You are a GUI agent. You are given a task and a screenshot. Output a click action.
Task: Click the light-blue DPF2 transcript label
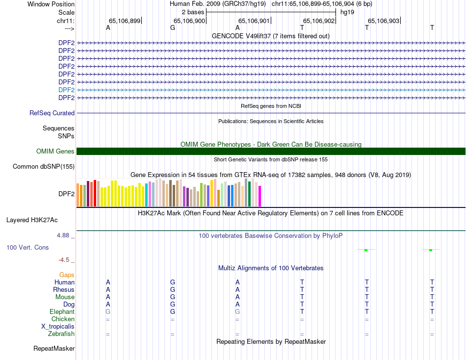point(66,90)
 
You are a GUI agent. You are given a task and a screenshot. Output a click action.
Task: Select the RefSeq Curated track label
point(52,113)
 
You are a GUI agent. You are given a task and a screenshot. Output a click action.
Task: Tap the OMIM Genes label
point(55,152)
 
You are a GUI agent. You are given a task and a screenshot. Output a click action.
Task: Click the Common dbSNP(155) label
point(44,166)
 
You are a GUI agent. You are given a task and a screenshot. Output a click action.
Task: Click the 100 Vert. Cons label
point(27,248)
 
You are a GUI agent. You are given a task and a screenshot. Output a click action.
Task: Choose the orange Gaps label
point(67,275)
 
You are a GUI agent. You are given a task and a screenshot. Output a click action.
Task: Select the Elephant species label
point(62,311)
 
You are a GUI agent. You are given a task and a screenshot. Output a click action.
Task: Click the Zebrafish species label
point(61,334)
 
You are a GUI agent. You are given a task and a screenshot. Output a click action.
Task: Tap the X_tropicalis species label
point(58,326)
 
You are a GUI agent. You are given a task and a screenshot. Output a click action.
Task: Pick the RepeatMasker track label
point(54,349)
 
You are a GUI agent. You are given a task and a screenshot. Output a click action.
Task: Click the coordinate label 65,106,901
point(254,21)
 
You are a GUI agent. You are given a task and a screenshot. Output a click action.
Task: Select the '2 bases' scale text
point(193,12)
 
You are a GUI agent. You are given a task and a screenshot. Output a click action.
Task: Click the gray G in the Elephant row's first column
point(108,311)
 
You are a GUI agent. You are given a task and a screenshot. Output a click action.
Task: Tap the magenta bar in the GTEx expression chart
point(259,196)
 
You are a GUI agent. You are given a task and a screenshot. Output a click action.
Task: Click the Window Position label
point(51,4)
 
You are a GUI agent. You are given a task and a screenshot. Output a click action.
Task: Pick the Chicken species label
point(63,319)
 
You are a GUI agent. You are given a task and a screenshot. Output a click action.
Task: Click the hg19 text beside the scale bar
point(347,12)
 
